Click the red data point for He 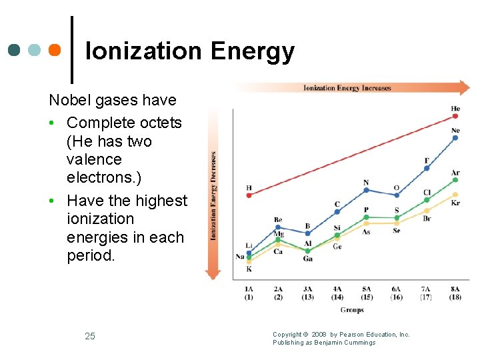[455, 116]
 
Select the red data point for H [249, 195]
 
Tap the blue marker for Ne [455, 138]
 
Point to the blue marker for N [366, 190]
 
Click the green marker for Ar [455, 180]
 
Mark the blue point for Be [278, 227]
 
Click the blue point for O [397, 195]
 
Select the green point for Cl [427, 199]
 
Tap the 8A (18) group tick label [455, 293]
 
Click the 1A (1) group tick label [249, 293]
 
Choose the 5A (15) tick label [366, 293]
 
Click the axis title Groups [352, 310]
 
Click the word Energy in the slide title [252, 51]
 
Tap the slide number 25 [90, 336]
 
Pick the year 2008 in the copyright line [319, 335]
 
